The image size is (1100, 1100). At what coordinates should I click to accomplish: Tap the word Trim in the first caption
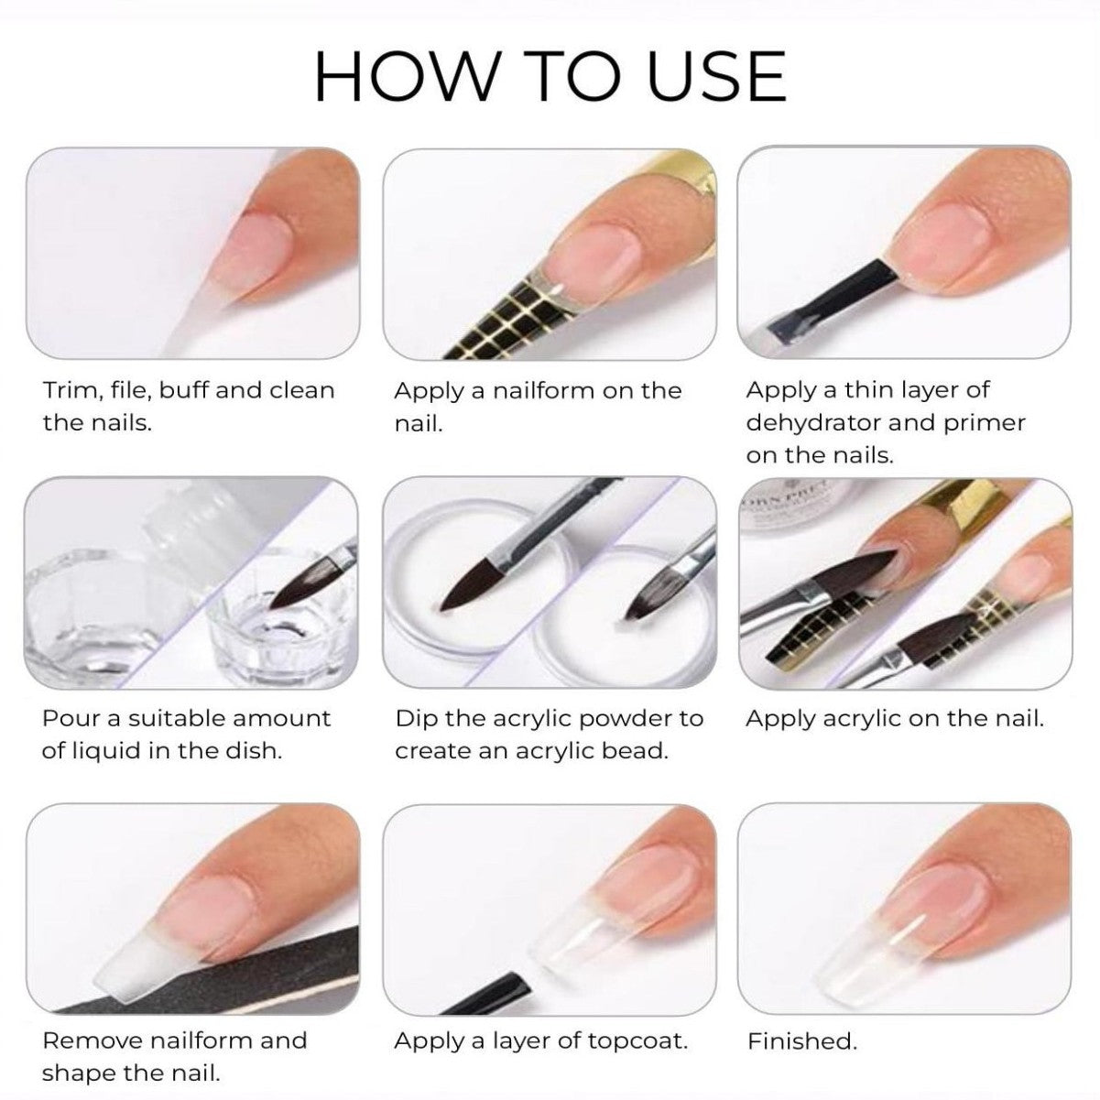point(72,390)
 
